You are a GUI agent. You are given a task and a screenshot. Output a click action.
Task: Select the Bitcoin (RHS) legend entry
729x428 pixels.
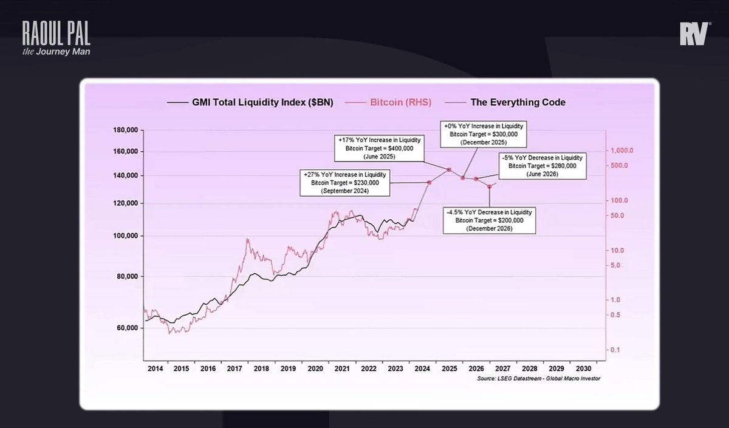tap(400, 103)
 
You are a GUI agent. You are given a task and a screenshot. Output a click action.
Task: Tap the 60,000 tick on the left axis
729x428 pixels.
tap(126, 328)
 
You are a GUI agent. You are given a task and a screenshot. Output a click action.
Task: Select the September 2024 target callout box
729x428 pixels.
tap(346, 182)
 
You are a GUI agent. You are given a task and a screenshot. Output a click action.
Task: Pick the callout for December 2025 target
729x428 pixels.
tap(484, 134)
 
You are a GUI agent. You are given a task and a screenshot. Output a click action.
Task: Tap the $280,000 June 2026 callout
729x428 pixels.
tap(542, 165)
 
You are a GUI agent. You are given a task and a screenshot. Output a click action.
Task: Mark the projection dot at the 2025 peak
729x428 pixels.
tap(449, 169)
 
